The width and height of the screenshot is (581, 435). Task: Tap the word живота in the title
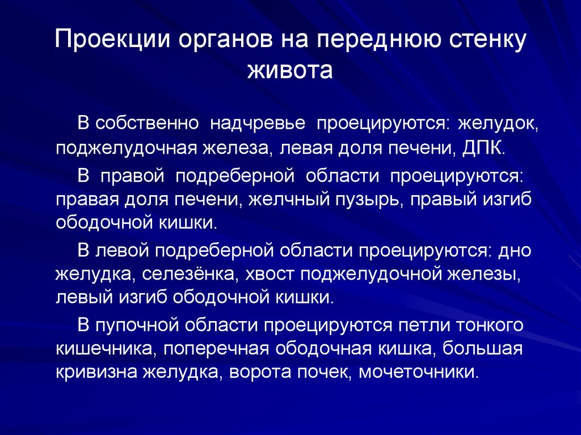click(290, 71)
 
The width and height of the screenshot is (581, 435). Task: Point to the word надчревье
click(267, 124)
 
